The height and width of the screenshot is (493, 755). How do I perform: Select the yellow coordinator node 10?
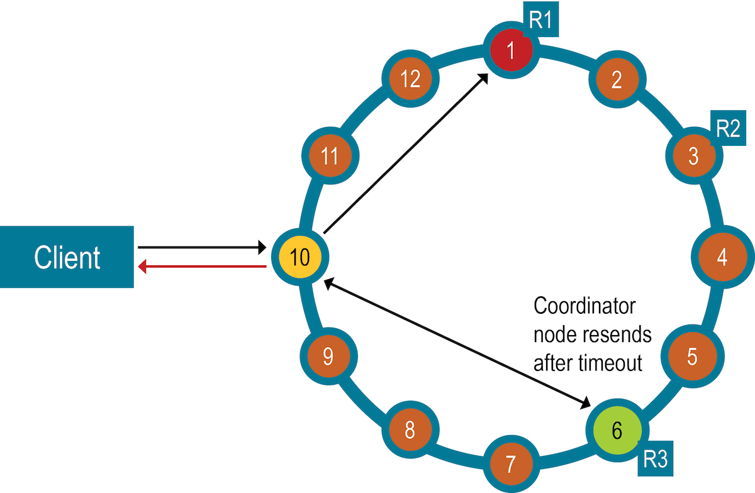(300, 257)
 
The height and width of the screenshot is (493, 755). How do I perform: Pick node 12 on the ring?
(410, 79)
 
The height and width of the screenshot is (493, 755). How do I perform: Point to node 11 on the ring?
(330, 156)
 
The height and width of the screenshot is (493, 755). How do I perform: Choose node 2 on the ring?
(616, 79)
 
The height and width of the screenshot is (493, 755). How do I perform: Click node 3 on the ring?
(693, 156)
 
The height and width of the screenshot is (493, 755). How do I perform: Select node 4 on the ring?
(721, 257)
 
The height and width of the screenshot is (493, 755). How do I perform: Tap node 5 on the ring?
(692, 357)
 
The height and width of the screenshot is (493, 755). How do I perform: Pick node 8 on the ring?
(410, 431)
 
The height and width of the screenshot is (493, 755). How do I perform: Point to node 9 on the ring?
(328, 357)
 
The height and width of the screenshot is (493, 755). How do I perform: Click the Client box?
(67, 257)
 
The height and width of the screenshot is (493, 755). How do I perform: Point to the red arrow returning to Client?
(201, 268)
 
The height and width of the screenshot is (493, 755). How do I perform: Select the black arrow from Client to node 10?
(201, 247)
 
